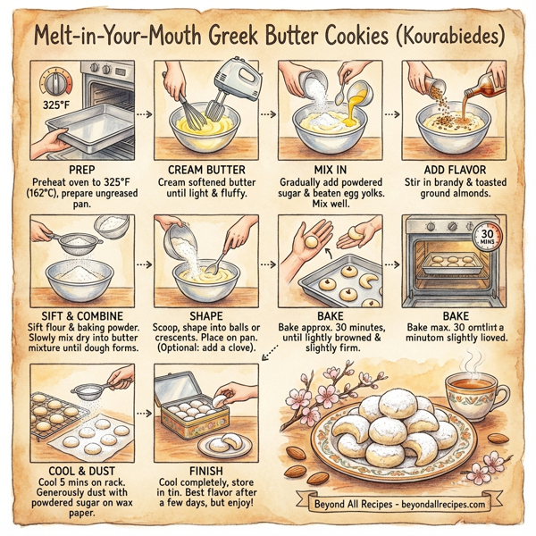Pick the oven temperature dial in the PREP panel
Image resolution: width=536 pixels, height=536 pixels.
55,84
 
